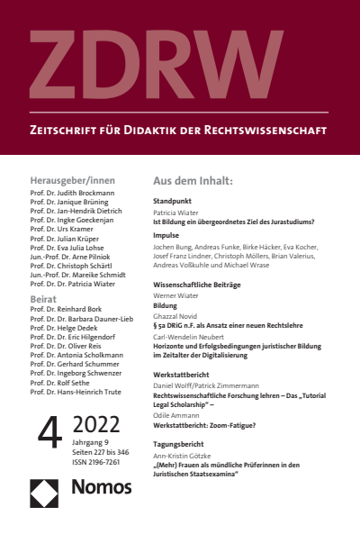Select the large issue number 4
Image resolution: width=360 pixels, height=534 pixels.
click(x=47, y=432)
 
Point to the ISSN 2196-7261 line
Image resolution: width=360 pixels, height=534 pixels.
click(x=97, y=461)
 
